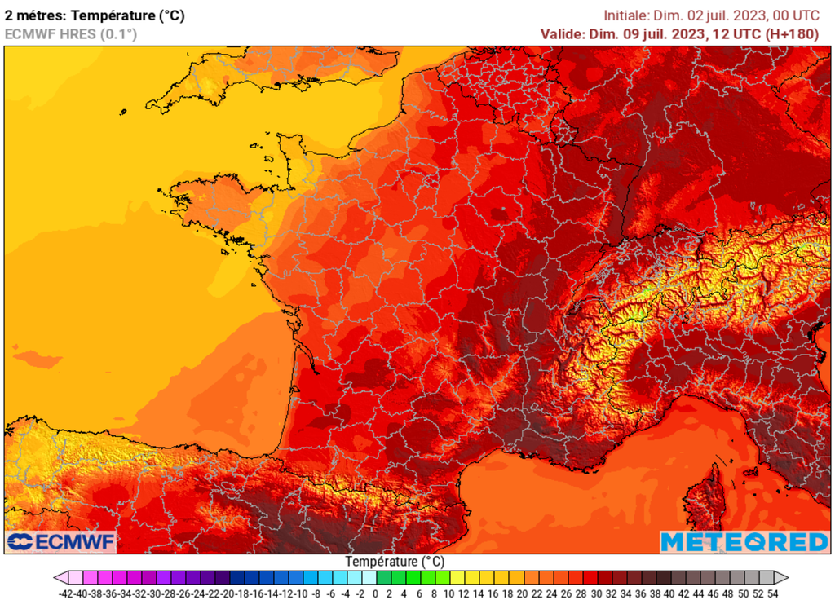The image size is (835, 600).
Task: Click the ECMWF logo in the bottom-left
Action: pyautogui.click(x=61, y=541)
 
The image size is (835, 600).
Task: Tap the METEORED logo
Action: pyautogui.click(x=744, y=541)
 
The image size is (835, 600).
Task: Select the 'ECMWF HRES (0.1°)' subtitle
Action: pyautogui.click(x=71, y=33)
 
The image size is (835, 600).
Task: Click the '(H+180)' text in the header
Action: pyautogui.click(x=792, y=33)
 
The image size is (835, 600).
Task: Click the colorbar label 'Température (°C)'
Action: pyautogui.click(x=395, y=562)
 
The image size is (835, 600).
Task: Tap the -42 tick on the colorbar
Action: pyautogui.click(x=66, y=593)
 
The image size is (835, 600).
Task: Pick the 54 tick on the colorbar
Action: pyautogui.click(x=772, y=593)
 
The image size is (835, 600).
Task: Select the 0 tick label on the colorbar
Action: pyautogui.click(x=375, y=593)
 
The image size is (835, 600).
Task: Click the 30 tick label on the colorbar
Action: pyautogui.click(x=596, y=593)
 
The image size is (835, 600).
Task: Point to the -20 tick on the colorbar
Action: pyautogui.click(x=228, y=593)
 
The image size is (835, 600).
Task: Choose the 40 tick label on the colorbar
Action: pyautogui.click(x=669, y=593)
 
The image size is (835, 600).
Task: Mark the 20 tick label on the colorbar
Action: pyautogui.click(x=522, y=593)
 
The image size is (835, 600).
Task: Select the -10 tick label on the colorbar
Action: pyautogui.click(x=302, y=593)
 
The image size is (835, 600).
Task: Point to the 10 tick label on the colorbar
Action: pyautogui.click(x=448, y=593)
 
